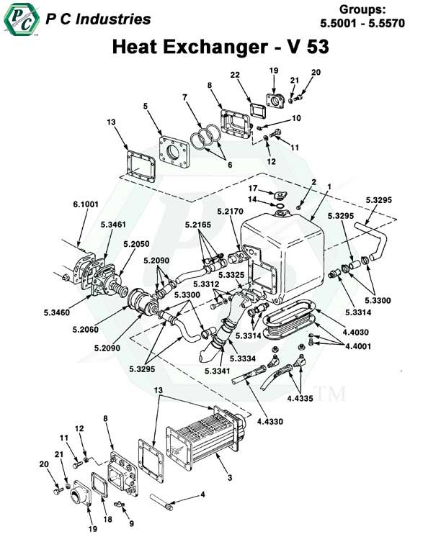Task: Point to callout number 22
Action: [x=235, y=76]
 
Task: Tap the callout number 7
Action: [x=184, y=97]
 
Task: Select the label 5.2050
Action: [x=133, y=243]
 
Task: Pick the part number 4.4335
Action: [x=301, y=396]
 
